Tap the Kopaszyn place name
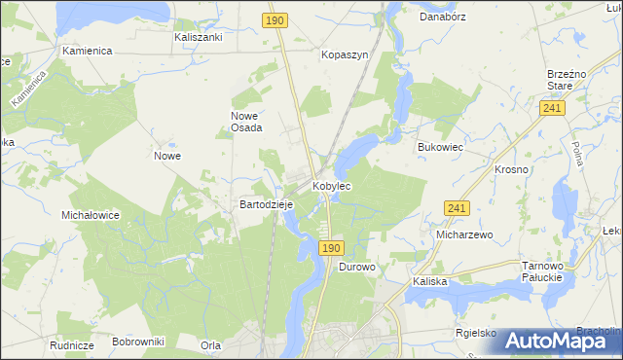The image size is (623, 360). coord(345,55)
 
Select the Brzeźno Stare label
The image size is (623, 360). coord(566,79)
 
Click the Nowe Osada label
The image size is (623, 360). coord(246,122)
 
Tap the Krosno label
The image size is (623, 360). coord(511,169)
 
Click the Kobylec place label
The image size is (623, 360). coord(331,185)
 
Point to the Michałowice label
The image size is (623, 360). coord(90,215)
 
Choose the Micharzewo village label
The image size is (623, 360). coord(465,234)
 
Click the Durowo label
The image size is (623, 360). coord(357,266)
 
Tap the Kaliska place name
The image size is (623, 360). coord(429,281)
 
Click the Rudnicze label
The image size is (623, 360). coord(72,344)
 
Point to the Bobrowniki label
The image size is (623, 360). coord(138,342)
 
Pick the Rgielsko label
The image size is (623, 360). coord(476,333)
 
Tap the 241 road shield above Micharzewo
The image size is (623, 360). coord(457,208)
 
